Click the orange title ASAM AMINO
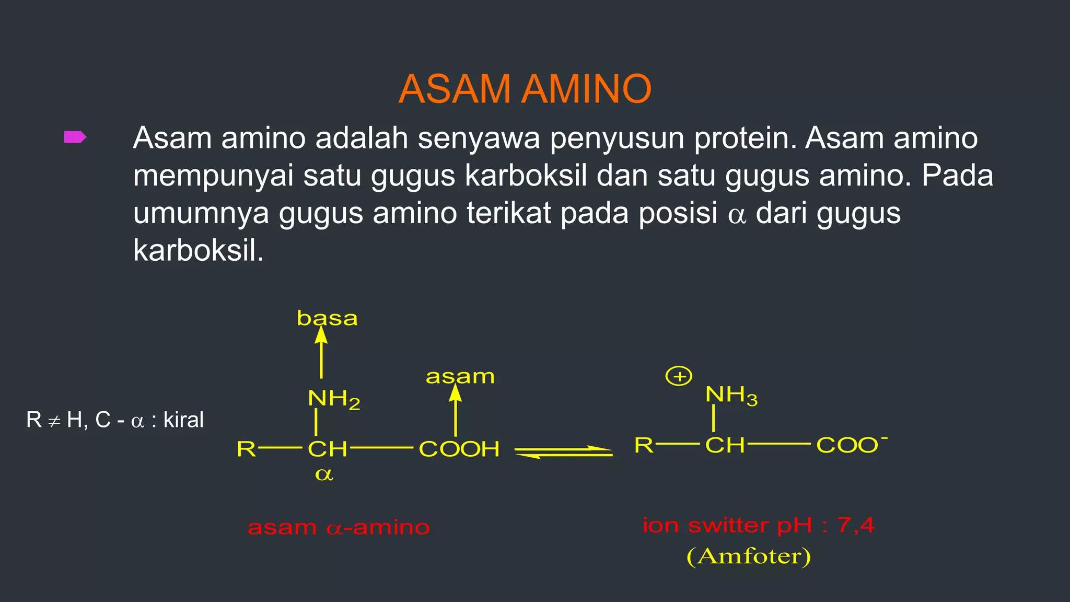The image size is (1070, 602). pyautogui.click(x=525, y=89)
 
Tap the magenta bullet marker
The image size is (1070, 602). pyautogui.click(x=75, y=137)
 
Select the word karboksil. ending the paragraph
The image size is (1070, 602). pyautogui.click(x=199, y=251)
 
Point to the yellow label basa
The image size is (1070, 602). pyautogui.click(x=327, y=318)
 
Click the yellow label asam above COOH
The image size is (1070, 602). pyautogui.click(x=460, y=376)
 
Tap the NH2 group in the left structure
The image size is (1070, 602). pyautogui.click(x=334, y=399)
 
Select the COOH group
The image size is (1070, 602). pyautogui.click(x=459, y=449)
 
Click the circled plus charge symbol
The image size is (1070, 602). pyautogui.click(x=679, y=376)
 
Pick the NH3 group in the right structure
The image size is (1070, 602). pyautogui.click(x=731, y=395)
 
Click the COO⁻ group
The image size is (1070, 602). pyautogui.click(x=851, y=445)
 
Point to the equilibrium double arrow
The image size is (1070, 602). pyautogui.click(x=563, y=452)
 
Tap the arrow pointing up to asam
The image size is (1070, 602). pyautogui.click(x=456, y=410)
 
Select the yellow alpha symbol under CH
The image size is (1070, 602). pyautogui.click(x=324, y=474)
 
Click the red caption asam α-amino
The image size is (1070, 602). pyautogui.click(x=339, y=527)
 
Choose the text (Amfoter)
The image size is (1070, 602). pyautogui.click(x=749, y=557)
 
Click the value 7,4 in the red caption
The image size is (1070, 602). pyautogui.click(x=855, y=525)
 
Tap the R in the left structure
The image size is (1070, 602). pyautogui.click(x=246, y=449)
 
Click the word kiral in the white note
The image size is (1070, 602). pyautogui.click(x=183, y=420)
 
